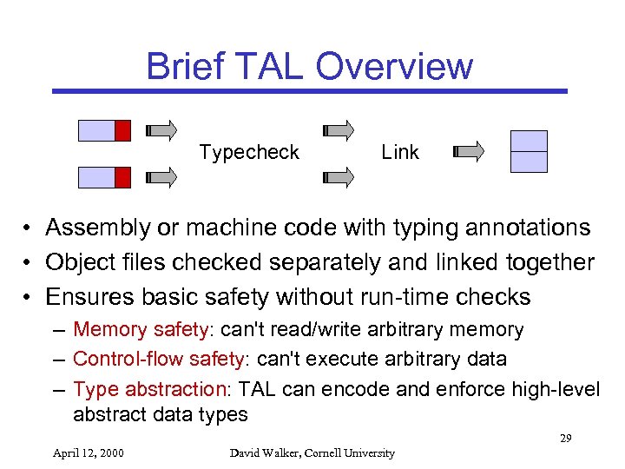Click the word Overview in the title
(x=395, y=66)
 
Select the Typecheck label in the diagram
(x=249, y=152)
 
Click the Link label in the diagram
(x=400, y=152)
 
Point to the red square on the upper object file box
(x=122, y=130)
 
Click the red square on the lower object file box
(x=122, y=177)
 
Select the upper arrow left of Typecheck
(x=162, y=130)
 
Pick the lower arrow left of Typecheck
(x=162, y=177)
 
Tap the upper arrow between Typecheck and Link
(x=338, y=130)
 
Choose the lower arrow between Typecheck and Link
(x=338, y=177)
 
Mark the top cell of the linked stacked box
(x=529, y=141)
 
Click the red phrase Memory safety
(x=140, y=330)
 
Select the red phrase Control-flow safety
(x=160, y=359)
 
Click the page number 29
(x=565, y=438)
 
